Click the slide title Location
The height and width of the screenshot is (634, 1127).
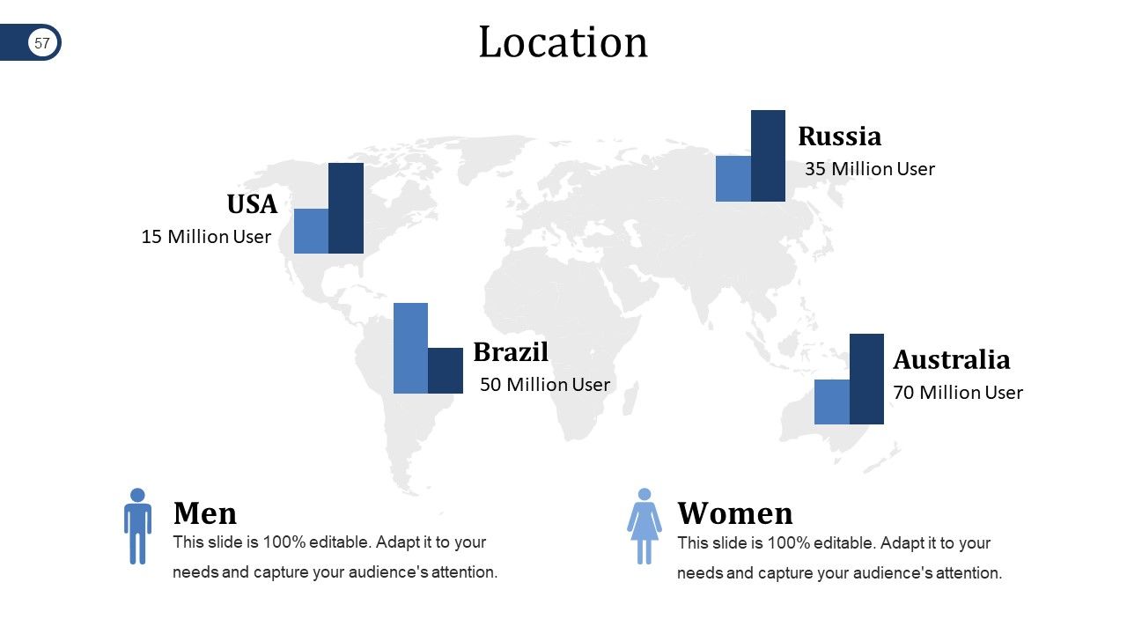563,42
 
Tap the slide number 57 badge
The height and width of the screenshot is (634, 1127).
42,42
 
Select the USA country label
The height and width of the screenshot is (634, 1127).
252,204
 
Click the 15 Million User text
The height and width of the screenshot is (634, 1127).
206,237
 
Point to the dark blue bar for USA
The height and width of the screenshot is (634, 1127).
346,208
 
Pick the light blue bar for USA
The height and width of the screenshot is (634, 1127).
311,231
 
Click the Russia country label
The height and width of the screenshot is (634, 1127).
839,136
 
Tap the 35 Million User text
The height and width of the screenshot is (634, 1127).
869,169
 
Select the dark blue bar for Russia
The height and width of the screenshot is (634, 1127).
768,156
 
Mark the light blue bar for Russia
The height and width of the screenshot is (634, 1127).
733,179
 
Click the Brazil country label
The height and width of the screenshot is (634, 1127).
511,352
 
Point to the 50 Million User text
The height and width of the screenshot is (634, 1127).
544,385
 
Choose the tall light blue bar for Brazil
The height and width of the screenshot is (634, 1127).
410,348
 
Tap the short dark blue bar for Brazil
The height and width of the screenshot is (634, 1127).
446,371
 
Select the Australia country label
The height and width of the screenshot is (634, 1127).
951,360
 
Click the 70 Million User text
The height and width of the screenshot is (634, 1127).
958,393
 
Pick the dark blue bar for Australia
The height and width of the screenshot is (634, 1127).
866,379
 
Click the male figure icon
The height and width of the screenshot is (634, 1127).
137,526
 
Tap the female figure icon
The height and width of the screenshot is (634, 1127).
645,526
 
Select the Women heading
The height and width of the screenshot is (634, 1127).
734,513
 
